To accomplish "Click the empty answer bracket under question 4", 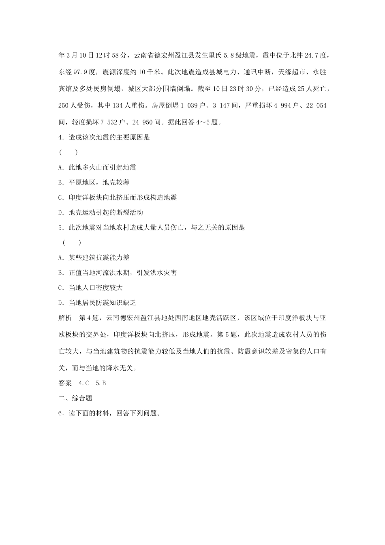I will [x=68, y=152].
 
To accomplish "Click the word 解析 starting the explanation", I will [x=65, y=318].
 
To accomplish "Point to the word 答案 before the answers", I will [x=65, y=383].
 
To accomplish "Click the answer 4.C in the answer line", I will [x=84, y=383].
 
